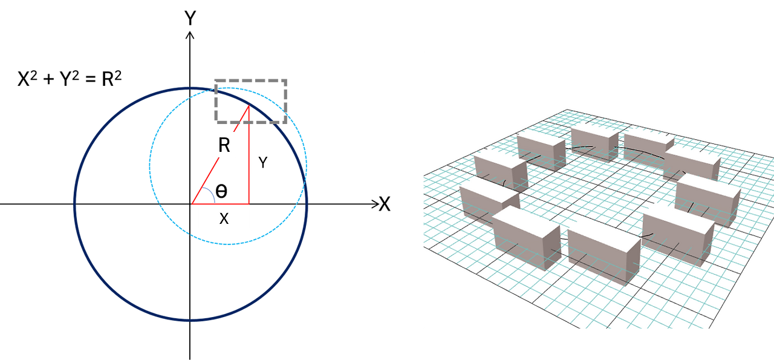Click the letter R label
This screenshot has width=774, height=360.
[224, 145]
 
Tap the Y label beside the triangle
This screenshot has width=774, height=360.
[263, 162]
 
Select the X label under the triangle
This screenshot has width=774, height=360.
[224, 218]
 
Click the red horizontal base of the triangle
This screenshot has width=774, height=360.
[221, 203]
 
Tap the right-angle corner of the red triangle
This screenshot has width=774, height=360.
[249, 203]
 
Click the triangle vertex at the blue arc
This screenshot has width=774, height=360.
[193, 203]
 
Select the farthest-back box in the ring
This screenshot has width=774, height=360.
[594, 142]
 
